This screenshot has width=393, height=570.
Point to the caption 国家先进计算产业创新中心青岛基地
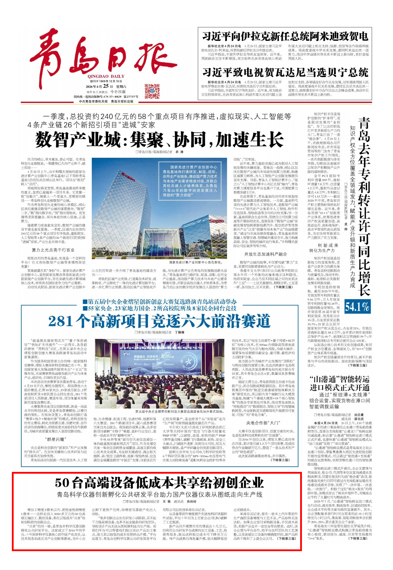(195, 262)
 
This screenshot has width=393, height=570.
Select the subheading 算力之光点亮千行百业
(53, 250)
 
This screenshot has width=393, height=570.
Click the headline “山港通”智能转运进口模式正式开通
(339, 383)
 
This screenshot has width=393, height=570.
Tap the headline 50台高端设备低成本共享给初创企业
(159, 483)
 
